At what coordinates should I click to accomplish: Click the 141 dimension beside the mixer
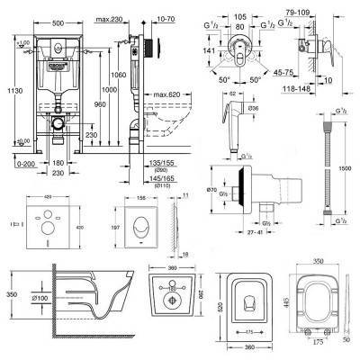pos(209,52)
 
